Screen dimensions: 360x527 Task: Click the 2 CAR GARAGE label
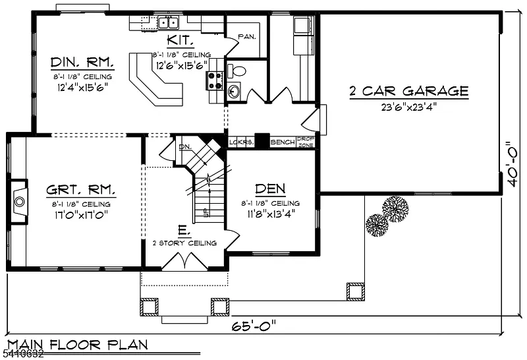408,91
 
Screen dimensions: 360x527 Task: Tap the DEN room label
270,188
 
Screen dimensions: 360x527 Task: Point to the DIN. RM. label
82,63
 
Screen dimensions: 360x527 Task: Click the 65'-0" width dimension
254,325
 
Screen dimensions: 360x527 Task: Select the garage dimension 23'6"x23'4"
408,105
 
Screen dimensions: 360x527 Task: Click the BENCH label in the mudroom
282,142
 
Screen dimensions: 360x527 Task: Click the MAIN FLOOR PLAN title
77,344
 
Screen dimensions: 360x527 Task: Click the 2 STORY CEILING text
184,243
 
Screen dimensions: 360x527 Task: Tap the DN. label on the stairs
184,146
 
